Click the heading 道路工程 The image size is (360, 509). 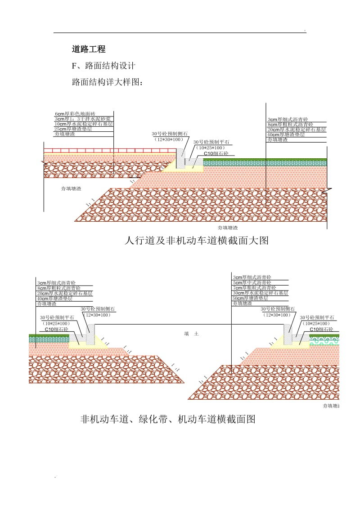coord(89,49)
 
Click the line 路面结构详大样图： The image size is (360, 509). coord(107,83)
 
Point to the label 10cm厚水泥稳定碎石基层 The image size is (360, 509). coord(83,124)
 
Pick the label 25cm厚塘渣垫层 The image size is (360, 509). coord(73,129)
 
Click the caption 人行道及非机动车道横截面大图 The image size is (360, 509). coord(196,241)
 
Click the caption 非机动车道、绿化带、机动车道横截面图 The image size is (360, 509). coord(168,420)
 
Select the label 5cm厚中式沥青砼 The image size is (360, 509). coord(252,282)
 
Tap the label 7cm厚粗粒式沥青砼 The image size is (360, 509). coord(254,288)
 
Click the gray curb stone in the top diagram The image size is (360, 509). coord(180,159)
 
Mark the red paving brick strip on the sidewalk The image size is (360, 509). coord(108,150)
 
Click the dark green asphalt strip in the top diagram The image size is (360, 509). coord(265,159)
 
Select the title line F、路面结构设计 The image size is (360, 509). coord(103,66)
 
